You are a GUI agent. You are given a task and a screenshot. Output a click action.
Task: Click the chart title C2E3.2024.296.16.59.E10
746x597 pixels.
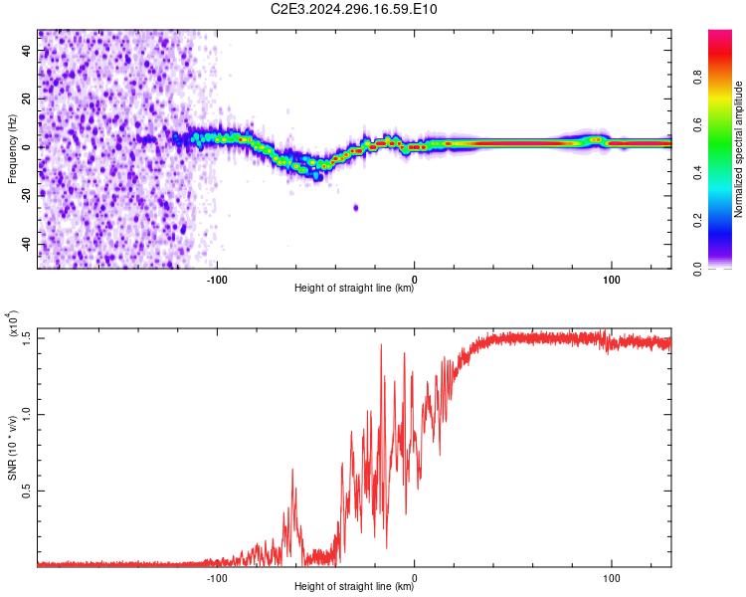coord(353,9)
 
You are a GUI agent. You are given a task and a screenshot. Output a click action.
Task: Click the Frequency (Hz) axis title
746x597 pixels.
coord(12,149)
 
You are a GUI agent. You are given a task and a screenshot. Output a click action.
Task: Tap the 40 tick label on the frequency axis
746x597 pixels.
coord(27,50)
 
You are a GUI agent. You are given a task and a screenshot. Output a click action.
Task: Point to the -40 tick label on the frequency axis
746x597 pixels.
coord(27,245)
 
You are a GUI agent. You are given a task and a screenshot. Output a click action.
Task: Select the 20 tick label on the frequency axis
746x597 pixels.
coord(27,99)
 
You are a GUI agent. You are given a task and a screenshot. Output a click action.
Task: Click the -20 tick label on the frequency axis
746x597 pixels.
coord(27,196)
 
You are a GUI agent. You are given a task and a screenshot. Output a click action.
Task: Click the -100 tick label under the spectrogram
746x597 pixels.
coord(217,280)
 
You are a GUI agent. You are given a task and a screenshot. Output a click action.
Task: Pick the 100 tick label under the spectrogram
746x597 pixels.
coord(612,280)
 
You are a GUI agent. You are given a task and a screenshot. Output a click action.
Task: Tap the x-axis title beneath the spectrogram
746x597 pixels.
coord(354,288)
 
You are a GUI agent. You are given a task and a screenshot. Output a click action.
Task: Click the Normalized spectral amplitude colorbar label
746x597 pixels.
coord(738,149)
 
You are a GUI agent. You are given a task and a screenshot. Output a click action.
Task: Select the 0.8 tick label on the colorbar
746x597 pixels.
coord(698,78)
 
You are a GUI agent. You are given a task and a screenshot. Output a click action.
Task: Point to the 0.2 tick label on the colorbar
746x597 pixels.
coord(698,221)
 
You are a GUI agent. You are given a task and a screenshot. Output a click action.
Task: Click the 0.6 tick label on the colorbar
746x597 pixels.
coord(698,125)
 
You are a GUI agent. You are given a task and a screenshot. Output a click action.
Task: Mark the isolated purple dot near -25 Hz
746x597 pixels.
coord(356,208)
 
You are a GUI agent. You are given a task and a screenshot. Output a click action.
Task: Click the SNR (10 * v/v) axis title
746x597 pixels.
coord(12,448)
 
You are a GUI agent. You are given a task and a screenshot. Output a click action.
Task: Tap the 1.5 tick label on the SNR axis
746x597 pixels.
coord(27,338)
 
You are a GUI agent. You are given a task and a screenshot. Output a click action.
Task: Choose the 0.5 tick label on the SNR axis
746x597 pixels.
coord(27,491)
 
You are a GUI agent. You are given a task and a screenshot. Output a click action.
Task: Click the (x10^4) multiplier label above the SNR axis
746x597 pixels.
coord(13,323)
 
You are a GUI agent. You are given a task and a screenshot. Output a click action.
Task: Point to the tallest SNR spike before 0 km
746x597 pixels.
coord(381,344)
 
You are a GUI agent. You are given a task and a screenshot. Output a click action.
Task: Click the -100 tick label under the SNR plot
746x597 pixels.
coord(217,578)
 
